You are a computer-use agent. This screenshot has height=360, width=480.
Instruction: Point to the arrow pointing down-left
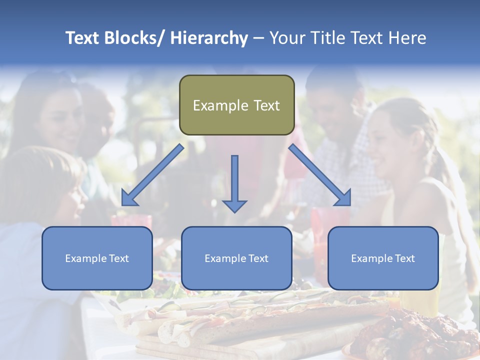coord(152,175)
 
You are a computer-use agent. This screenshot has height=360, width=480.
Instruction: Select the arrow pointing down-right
coord(320,175)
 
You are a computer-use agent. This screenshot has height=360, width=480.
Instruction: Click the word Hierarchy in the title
coord(209,38)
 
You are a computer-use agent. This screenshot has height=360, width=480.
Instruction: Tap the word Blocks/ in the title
coord(131,38)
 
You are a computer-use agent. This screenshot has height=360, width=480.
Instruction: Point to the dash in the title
coord(258,38)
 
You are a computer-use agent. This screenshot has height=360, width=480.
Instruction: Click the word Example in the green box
coord(220,105)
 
